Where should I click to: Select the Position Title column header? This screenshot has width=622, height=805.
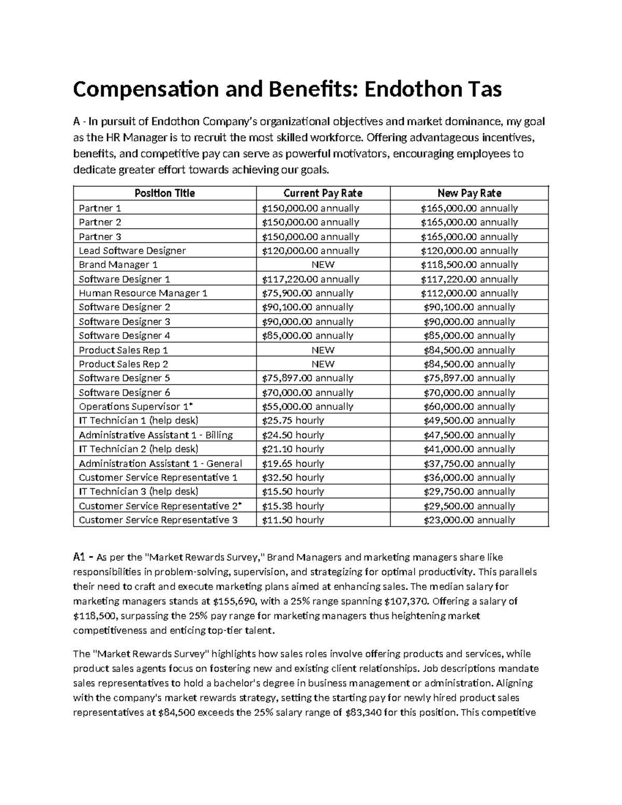[x=164, y=193]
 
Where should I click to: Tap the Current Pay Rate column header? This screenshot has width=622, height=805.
[x=322, y=193]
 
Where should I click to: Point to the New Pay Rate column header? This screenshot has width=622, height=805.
[x=469, y=193]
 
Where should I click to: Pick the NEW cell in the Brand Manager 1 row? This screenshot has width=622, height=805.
[x=322, y=264]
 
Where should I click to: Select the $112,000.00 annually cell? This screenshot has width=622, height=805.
[x=469, y=293]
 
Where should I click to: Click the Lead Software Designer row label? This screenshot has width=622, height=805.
[x=132, y=250]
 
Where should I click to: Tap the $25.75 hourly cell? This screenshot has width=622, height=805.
[x=293, y=420]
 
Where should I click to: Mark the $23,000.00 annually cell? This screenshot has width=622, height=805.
[x=469, y=520]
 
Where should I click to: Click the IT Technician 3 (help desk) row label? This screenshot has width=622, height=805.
[x=138, y=491]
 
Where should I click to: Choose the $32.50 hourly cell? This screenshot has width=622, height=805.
[x=293, y=477]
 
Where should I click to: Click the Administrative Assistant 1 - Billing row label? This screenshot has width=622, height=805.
[x=155, y=435]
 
